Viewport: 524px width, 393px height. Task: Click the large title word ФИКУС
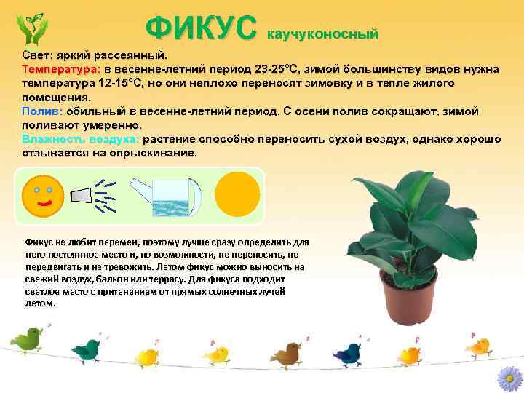click(x=202, y=28)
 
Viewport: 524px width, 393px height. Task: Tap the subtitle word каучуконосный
click(x=324, y=33)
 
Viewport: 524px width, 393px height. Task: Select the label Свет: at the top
click(x=36, y=55)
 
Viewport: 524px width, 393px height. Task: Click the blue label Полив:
click(x=42, y=111)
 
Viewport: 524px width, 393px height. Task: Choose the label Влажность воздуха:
click(x=81, y=139)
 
